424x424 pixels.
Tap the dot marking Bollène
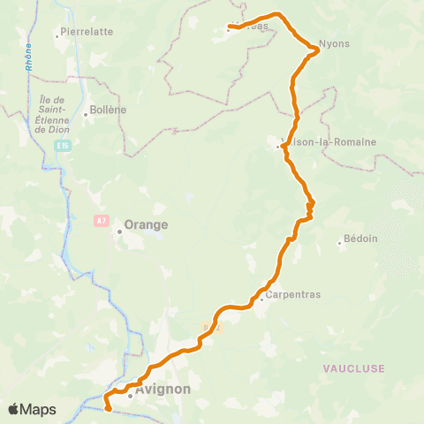click(x=86, y=114)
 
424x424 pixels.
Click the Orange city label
click(x=147, y=224)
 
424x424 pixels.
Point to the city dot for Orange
click(x=119, y=232)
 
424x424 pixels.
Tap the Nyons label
click(x=334, y=42)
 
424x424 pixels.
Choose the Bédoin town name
click(x=360, y=238)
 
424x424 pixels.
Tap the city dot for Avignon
click(x=130, y=396)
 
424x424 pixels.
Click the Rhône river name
click(x=30, y=57)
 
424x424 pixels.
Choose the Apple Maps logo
click(x=32, y=409)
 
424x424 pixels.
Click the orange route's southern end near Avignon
click(x=107, y=409)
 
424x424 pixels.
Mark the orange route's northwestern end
click(x=230, y=26)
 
